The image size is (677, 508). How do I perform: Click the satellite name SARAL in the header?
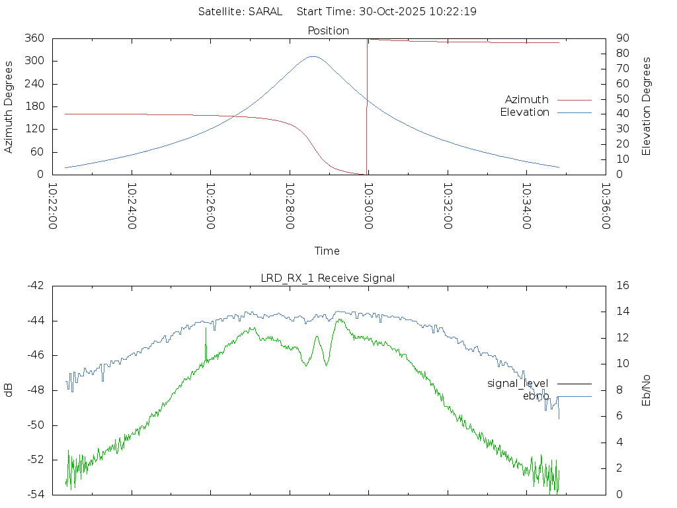[265, 11]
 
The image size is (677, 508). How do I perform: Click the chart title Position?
[329, 30]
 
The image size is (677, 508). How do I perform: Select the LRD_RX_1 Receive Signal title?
[328, 278]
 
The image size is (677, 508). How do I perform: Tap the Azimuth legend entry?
[527, 100]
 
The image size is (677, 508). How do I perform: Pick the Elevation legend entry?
[524, 112]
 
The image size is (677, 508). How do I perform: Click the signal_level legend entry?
[518, 384]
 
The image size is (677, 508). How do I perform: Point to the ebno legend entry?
[536, 396]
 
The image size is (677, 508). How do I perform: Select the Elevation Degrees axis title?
[647, 106]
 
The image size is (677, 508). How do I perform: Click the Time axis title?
[327, 251]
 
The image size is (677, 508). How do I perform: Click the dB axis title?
[9, 390]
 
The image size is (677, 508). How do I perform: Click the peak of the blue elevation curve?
[313, 57]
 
